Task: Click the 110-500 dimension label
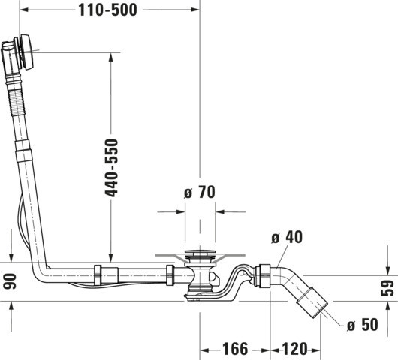coord(107,10)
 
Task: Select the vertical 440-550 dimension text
coord(111,168)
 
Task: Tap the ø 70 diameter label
coord(200,192)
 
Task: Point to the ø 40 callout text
coord(287,237)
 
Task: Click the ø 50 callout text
coord(363,324)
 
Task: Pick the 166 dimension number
coord(235,349)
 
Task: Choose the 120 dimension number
coord(294,349)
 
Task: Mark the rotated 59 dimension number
coord(387,288)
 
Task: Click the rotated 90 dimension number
coord(10,281)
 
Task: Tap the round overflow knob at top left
coord(26,52)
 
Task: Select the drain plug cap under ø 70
coord(201,253)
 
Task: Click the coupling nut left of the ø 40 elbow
coord(264,276)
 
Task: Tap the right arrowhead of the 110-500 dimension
coord(195,10)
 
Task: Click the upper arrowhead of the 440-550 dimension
coord(110,57)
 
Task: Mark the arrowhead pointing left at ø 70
coord(220,211)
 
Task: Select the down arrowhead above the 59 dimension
coord(387,270)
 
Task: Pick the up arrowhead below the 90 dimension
coord(11,306)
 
